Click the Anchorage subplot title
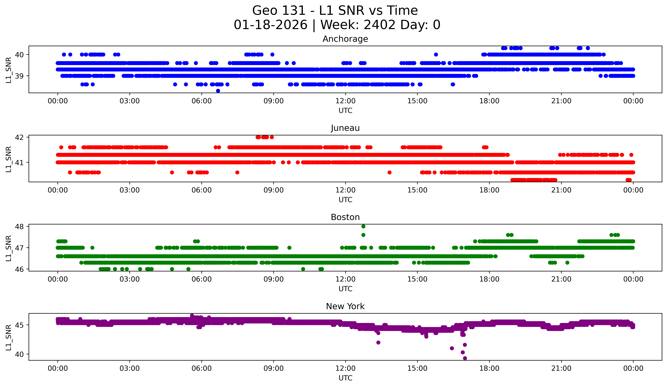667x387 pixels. pyautogui.click(x=345, y=39)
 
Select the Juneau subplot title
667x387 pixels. pyautogui.click(x=345, y=128)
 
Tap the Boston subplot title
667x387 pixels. pyautogui.click(x=345, y=217)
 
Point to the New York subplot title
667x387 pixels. pyautogui.click(x=345, y=306)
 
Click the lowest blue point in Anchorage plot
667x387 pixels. pyautogui.click(x=218, y=91)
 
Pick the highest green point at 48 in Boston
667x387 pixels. pyautogui.click(x=363, y=226)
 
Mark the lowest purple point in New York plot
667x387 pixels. pyautogui.click(x=465, y=358)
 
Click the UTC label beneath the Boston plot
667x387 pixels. pyautogui.click(x=345, y=289)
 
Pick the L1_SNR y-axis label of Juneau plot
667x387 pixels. pyautogui.click(x=8, y=159)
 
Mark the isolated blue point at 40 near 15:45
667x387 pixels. pyautogui.click(x=436, y=54)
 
